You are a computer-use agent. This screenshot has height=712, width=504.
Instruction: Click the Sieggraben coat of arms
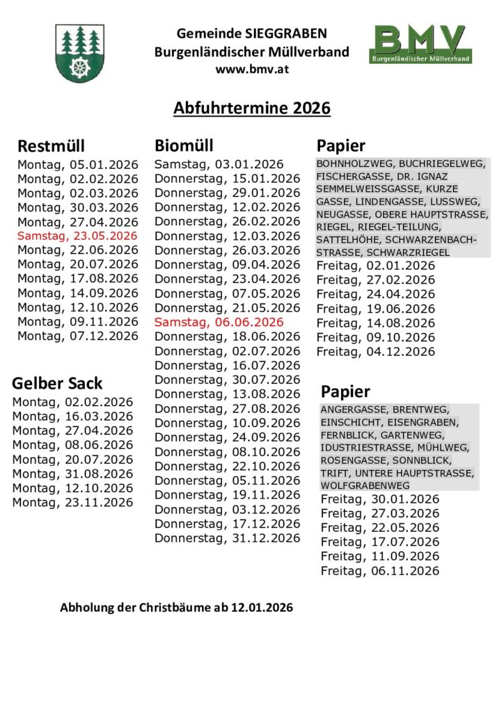point(81,53)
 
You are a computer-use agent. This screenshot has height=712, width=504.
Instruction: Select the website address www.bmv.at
point(251,70)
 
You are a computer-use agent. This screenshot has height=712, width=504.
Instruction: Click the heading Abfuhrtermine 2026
point(251,108)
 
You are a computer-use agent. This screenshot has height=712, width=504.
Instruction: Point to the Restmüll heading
point(51,146)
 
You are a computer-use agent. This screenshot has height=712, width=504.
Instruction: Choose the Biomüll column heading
point(184,145)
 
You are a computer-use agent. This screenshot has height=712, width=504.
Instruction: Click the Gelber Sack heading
point(57,383)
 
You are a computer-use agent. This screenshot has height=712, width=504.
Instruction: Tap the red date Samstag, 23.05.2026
point(78,236)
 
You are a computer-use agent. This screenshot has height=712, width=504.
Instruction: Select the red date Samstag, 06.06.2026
point(219,322)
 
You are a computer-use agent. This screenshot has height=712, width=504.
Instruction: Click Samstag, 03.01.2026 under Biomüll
point(219,164)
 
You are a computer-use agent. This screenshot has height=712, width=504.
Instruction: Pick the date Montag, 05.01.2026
point(78,165)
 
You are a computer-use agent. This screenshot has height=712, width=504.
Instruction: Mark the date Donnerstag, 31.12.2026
point(227,538)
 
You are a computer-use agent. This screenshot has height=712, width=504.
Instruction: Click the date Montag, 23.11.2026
point(72,502)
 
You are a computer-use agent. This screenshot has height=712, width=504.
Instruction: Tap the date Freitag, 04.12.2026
point(375,352)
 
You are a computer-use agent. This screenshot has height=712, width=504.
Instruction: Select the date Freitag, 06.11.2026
point(380,571)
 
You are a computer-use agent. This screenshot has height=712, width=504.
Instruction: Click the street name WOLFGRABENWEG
point(365,485)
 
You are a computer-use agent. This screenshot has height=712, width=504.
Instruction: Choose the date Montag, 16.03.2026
point(72,416)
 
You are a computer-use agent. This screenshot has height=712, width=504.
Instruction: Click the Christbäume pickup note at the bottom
point(176,608)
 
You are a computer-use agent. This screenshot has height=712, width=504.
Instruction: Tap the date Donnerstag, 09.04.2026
point(227,264)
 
